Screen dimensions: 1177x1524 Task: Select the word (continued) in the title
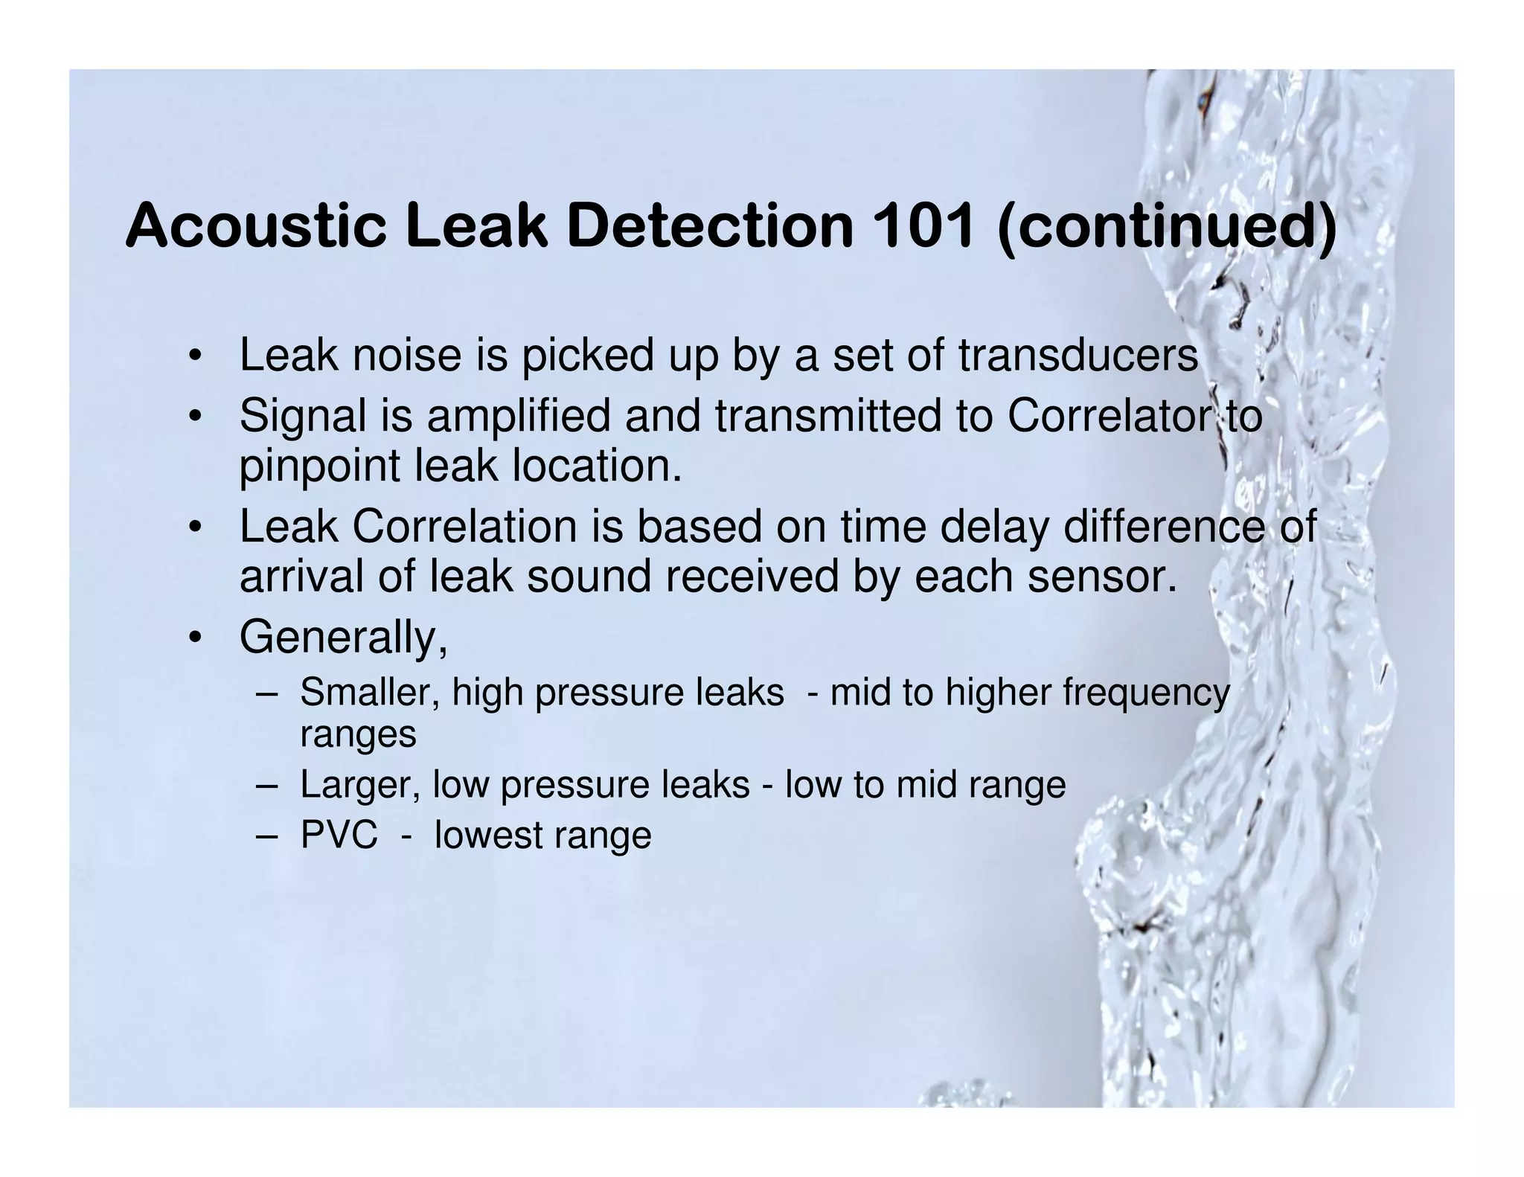[1166, 227]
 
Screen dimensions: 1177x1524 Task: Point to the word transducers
[1078, 355]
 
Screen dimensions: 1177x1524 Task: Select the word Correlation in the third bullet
[464, 526]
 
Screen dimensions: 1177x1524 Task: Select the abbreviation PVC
[339, 835]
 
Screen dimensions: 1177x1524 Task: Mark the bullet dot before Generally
[195, 638]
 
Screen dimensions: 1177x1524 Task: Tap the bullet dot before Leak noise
[195, 356]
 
